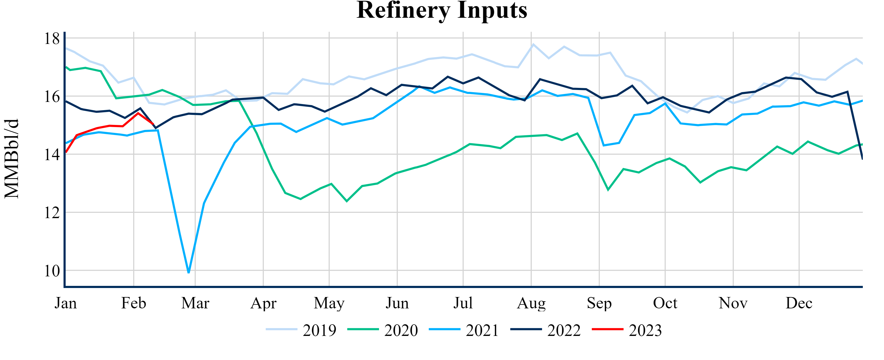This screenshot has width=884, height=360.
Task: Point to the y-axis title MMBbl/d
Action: [x=12, y=159]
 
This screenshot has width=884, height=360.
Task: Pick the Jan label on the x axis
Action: [x=66, y=303]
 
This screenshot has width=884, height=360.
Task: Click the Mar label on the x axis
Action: [x=195, y=303]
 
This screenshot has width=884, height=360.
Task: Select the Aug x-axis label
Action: [x=531, y=303]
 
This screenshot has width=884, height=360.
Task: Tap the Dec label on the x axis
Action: [x=799, y=303]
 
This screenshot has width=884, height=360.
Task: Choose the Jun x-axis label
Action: [x=397, y=303]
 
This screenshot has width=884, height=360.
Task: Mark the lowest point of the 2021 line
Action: [x=189, y=272]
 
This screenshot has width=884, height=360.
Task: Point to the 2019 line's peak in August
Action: [x=533, y=44]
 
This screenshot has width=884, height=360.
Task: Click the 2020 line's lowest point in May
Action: [x=347, y=201]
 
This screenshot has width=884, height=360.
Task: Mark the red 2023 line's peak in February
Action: [x=138, y=113]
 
